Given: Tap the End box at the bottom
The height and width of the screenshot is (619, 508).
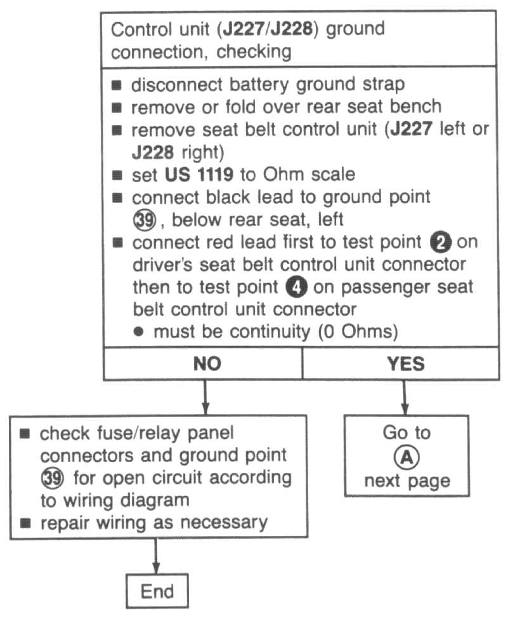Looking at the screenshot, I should click(157, 591).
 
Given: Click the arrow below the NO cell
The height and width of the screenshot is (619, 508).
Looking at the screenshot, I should click(204, 396).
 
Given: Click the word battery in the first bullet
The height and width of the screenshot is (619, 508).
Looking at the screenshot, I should click(242, 86).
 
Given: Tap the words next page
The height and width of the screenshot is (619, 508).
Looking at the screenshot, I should click(407, 481).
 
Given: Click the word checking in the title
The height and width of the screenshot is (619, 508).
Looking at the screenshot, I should click(259, 51).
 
